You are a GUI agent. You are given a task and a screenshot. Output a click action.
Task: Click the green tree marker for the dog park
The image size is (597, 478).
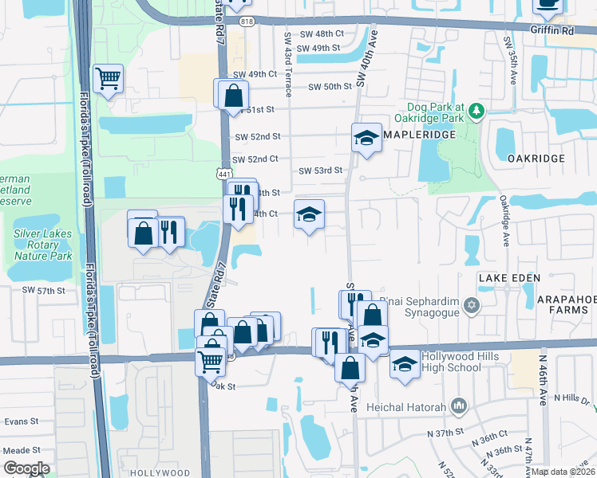476,110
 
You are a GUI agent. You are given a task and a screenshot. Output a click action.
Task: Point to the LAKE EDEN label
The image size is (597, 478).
509,277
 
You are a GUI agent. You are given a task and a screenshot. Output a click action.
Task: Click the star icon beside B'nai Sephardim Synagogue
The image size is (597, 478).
472,305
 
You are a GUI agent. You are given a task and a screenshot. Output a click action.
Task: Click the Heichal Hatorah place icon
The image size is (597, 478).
458,407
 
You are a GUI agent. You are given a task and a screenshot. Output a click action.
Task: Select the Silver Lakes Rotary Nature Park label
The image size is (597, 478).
43,245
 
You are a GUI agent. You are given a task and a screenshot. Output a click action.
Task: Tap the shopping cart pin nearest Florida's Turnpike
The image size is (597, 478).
108,79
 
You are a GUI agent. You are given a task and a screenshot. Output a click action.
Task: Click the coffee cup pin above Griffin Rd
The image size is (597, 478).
548,5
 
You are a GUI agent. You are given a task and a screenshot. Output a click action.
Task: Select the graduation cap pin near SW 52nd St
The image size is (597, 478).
366,139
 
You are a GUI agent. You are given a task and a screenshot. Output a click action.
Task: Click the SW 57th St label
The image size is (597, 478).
43,291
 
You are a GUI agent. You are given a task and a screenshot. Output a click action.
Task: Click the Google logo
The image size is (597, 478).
27,468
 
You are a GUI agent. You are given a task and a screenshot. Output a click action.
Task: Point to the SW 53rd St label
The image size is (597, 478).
320,170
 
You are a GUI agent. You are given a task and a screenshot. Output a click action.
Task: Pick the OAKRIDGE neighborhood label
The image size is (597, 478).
536,159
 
